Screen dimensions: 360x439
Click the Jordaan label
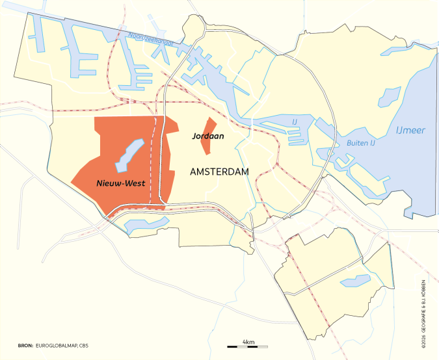(x=208, y=137)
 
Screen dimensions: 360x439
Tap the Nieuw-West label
(x=120, y=183)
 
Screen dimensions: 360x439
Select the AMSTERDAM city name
(x=220, y=172)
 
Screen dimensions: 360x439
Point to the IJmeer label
(x=410, y=131)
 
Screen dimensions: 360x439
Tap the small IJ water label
(x=294, y=121)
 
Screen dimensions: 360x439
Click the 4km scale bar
(x=247, y=346)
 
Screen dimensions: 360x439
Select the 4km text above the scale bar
(x=247, y=341)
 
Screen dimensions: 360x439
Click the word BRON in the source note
(x=25, y=346)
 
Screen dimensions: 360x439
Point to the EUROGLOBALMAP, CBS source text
(x=62, y=346)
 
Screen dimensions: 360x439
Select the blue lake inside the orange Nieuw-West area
(x=129, y=155)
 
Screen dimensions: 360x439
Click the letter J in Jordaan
(x=194, y=137)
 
